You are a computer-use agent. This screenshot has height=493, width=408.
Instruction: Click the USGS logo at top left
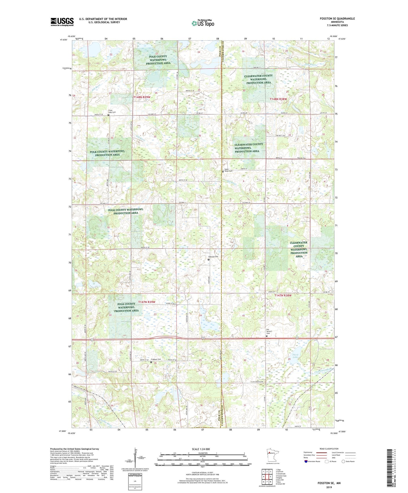click(x=62, y=21)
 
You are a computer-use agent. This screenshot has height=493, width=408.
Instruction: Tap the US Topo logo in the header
click(x=203, y=23)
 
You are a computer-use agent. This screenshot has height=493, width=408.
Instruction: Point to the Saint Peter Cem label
click(x=229, y=170)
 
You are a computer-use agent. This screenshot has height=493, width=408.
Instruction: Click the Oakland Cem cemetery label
click(x=214, y=256)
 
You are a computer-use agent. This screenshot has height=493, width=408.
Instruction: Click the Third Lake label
click(x=295, y=356)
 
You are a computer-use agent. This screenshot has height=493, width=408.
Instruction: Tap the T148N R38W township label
click(x=278, y=99)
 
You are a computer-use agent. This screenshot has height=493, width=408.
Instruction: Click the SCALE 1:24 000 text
click(x=201, y=449)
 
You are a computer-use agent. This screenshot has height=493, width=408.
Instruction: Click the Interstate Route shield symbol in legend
click(x=306, y=461)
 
